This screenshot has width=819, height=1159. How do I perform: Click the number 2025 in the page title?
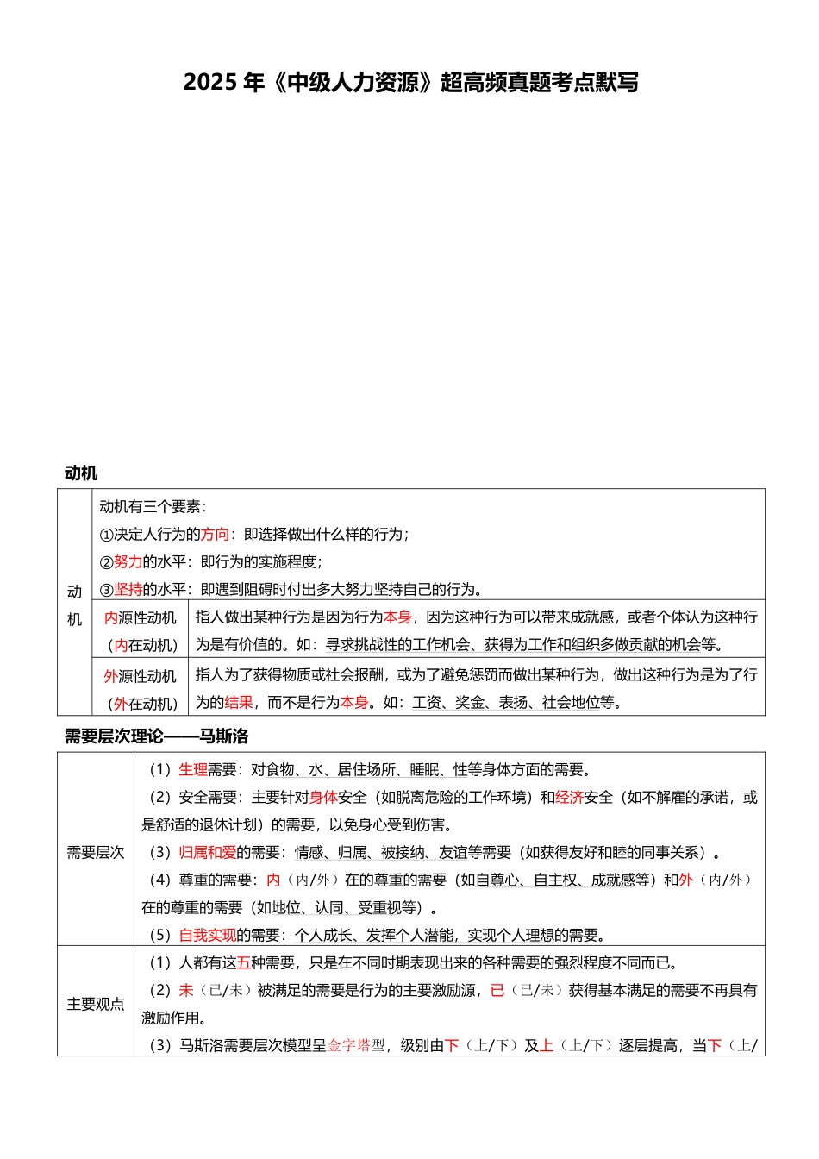(x=209, y=83)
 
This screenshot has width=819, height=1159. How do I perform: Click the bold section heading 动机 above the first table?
(x=81, y=473)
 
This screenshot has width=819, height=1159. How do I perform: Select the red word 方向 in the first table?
(x=215, y=535)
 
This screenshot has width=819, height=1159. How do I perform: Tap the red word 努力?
(x=128, y=562)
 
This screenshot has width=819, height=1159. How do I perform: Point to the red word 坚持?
(x=128, y=590)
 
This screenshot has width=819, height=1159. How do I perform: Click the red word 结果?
(x=239, y=703)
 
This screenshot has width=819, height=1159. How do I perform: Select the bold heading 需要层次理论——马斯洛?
(x=156, y=736)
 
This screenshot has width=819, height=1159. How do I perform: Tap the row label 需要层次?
(x=96, y=853)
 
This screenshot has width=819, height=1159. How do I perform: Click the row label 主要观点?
(x=96, y=1005)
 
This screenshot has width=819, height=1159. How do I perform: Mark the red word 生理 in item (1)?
(x=193, y=770)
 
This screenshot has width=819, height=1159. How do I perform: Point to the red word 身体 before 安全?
(x=323, y=798)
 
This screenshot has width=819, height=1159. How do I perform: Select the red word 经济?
(x=569, y=798)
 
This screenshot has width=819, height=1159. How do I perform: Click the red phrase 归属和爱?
(x=207, y=853)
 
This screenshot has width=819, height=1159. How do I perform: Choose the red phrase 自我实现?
(x=207, y=936)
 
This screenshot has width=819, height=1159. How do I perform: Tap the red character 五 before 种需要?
(x=244, y=963)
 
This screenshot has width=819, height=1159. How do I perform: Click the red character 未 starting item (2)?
(x=186, y=991)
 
